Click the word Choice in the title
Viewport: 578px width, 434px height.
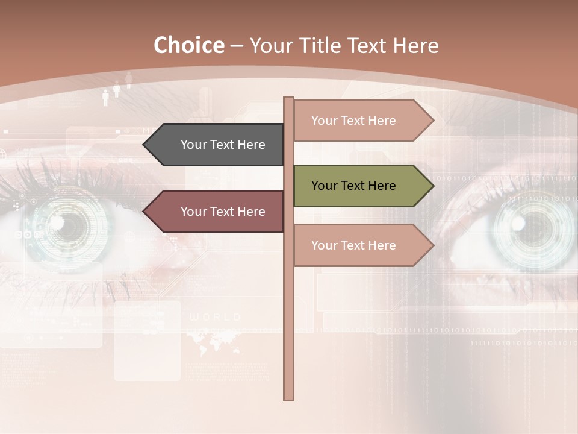[x=188, y=45]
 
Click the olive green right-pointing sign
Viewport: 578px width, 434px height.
[x=358, y=186]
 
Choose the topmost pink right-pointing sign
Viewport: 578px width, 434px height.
[x=358, y=121]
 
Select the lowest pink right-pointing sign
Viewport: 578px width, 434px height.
[x=358, y=245]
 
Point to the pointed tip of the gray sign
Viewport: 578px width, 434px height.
[x=145, y=145]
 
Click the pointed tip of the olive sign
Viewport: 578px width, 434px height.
[x=432, y=186]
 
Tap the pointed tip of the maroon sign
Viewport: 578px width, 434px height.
[x=145, y=212]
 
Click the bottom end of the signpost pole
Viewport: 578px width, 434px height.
[x=289, y=398]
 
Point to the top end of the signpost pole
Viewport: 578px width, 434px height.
[x=289, y=98]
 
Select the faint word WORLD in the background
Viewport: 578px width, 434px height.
[x=215, y=317]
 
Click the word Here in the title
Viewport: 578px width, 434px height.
[x=415, y=46]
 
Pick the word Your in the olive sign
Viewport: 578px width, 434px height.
[x=324, y=186]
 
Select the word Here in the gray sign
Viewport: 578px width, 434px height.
[x=251, y=145]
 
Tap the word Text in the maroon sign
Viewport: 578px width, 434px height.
[x=223, y=212]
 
